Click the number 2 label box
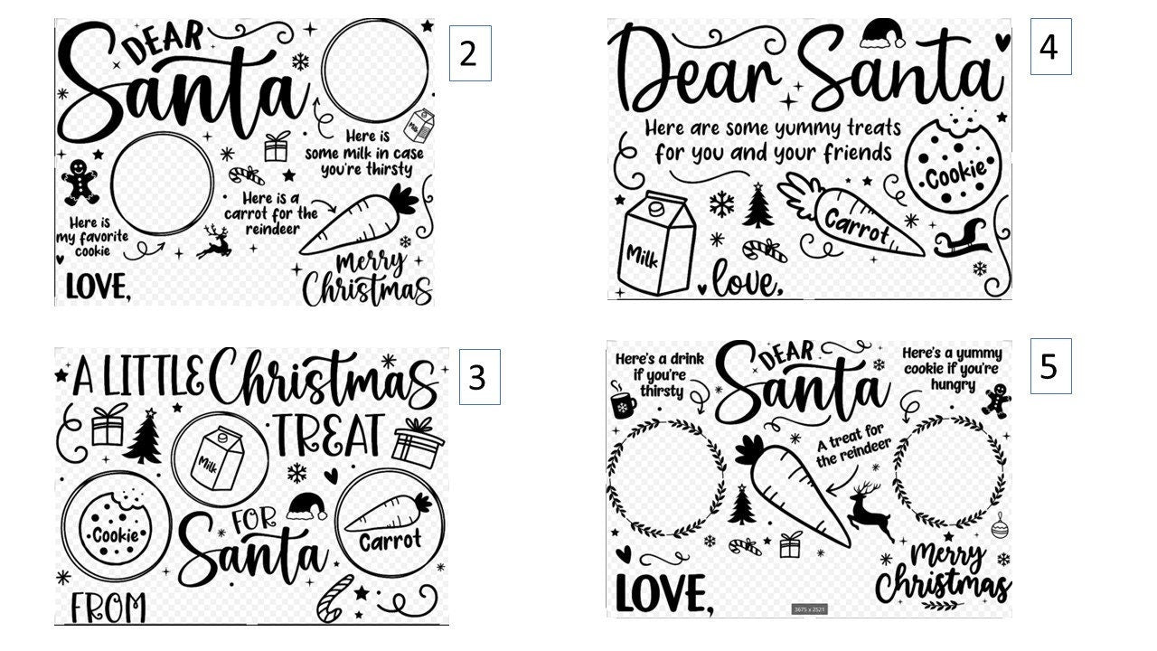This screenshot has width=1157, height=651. [469, 53]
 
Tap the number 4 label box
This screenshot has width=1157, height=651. [1050, 46]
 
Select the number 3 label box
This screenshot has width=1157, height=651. [478, 377]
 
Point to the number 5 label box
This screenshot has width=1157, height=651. [1049, 366]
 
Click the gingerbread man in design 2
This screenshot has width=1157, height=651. [80, 182]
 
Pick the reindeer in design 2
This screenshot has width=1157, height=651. [213, 241]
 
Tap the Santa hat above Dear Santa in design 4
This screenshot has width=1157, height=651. [882, 34]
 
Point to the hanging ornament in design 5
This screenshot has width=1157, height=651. [999, 525]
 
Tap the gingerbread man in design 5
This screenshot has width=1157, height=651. [997, 399]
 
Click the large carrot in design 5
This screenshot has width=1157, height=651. [794, 488]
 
